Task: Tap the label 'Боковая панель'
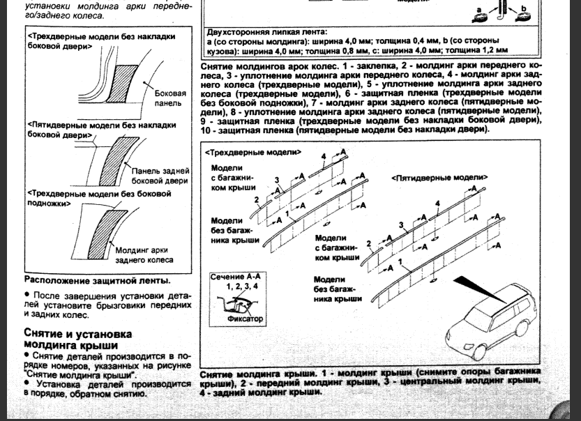pyautogui.click(x=170, y=98)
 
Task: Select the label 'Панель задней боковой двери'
pyautogui.click(x=160, y=176)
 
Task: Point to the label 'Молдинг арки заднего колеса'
pyautogui.click(x=144, y=254)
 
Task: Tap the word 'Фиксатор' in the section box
pyautogui.click(x=246, y=319)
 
